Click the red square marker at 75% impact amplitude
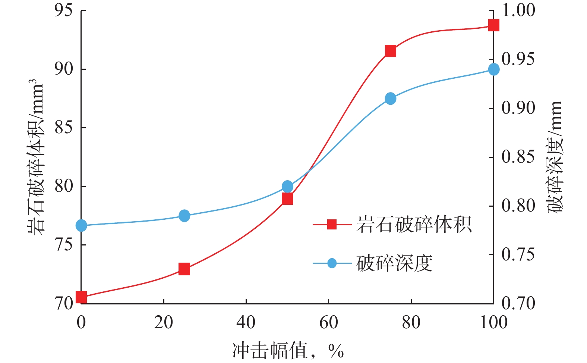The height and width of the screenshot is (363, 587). coord(390,51)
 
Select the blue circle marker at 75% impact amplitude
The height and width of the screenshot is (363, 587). coord(390,99)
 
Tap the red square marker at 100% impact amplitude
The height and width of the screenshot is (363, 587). coord(493,25)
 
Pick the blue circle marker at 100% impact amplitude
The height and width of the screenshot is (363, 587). coord(493,69)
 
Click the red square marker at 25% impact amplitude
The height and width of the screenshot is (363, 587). coord(184,269)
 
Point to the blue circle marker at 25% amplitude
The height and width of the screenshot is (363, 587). coord(184,216)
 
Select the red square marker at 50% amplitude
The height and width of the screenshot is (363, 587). coord(287,199)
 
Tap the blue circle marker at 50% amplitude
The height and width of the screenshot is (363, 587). coord(287,187)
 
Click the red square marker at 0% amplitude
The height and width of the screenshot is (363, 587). coord(81,297)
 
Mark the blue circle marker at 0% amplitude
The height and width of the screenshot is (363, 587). coord(81,225)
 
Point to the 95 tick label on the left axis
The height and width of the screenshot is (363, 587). coord(63,10)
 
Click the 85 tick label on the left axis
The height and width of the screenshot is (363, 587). coord(63,128)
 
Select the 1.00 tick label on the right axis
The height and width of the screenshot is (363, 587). coord(518,10)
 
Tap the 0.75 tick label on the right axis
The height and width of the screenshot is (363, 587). coord(518,255)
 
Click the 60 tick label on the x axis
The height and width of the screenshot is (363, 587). coord(328,322)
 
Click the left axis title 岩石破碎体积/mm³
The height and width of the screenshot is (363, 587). coord(36,157)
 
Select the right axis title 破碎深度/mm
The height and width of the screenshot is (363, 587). coord(555,157)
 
